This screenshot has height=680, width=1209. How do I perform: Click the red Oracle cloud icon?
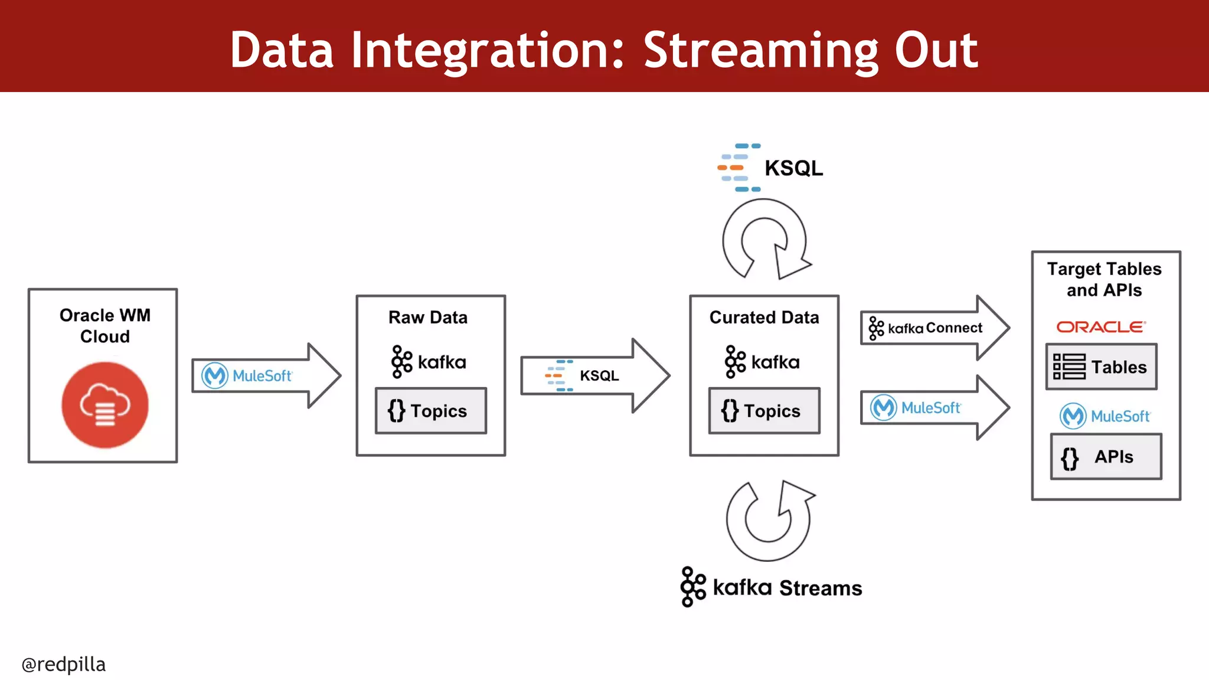point(105,405)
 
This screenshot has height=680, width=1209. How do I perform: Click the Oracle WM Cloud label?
point(105,326)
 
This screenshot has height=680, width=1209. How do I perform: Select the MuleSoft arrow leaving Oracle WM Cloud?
point(266,375)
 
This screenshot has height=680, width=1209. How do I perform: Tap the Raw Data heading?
point(428,318)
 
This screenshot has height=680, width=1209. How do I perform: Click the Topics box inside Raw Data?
point(431,411)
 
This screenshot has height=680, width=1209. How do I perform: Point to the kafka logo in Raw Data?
point(429,361)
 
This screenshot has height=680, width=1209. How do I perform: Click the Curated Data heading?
point(764,318)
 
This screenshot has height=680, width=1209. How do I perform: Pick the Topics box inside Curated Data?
point(764,411)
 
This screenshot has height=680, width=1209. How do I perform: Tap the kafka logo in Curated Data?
point(762,361)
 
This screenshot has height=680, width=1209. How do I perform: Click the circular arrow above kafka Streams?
point(769,519)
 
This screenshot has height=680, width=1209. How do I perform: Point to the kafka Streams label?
point(771,587)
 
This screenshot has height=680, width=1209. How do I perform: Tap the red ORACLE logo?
point(1101,326)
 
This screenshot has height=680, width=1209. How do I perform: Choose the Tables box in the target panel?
point(1101,367)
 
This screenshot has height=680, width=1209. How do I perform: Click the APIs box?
point(1106,456)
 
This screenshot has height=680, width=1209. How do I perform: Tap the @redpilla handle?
point(64,664)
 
